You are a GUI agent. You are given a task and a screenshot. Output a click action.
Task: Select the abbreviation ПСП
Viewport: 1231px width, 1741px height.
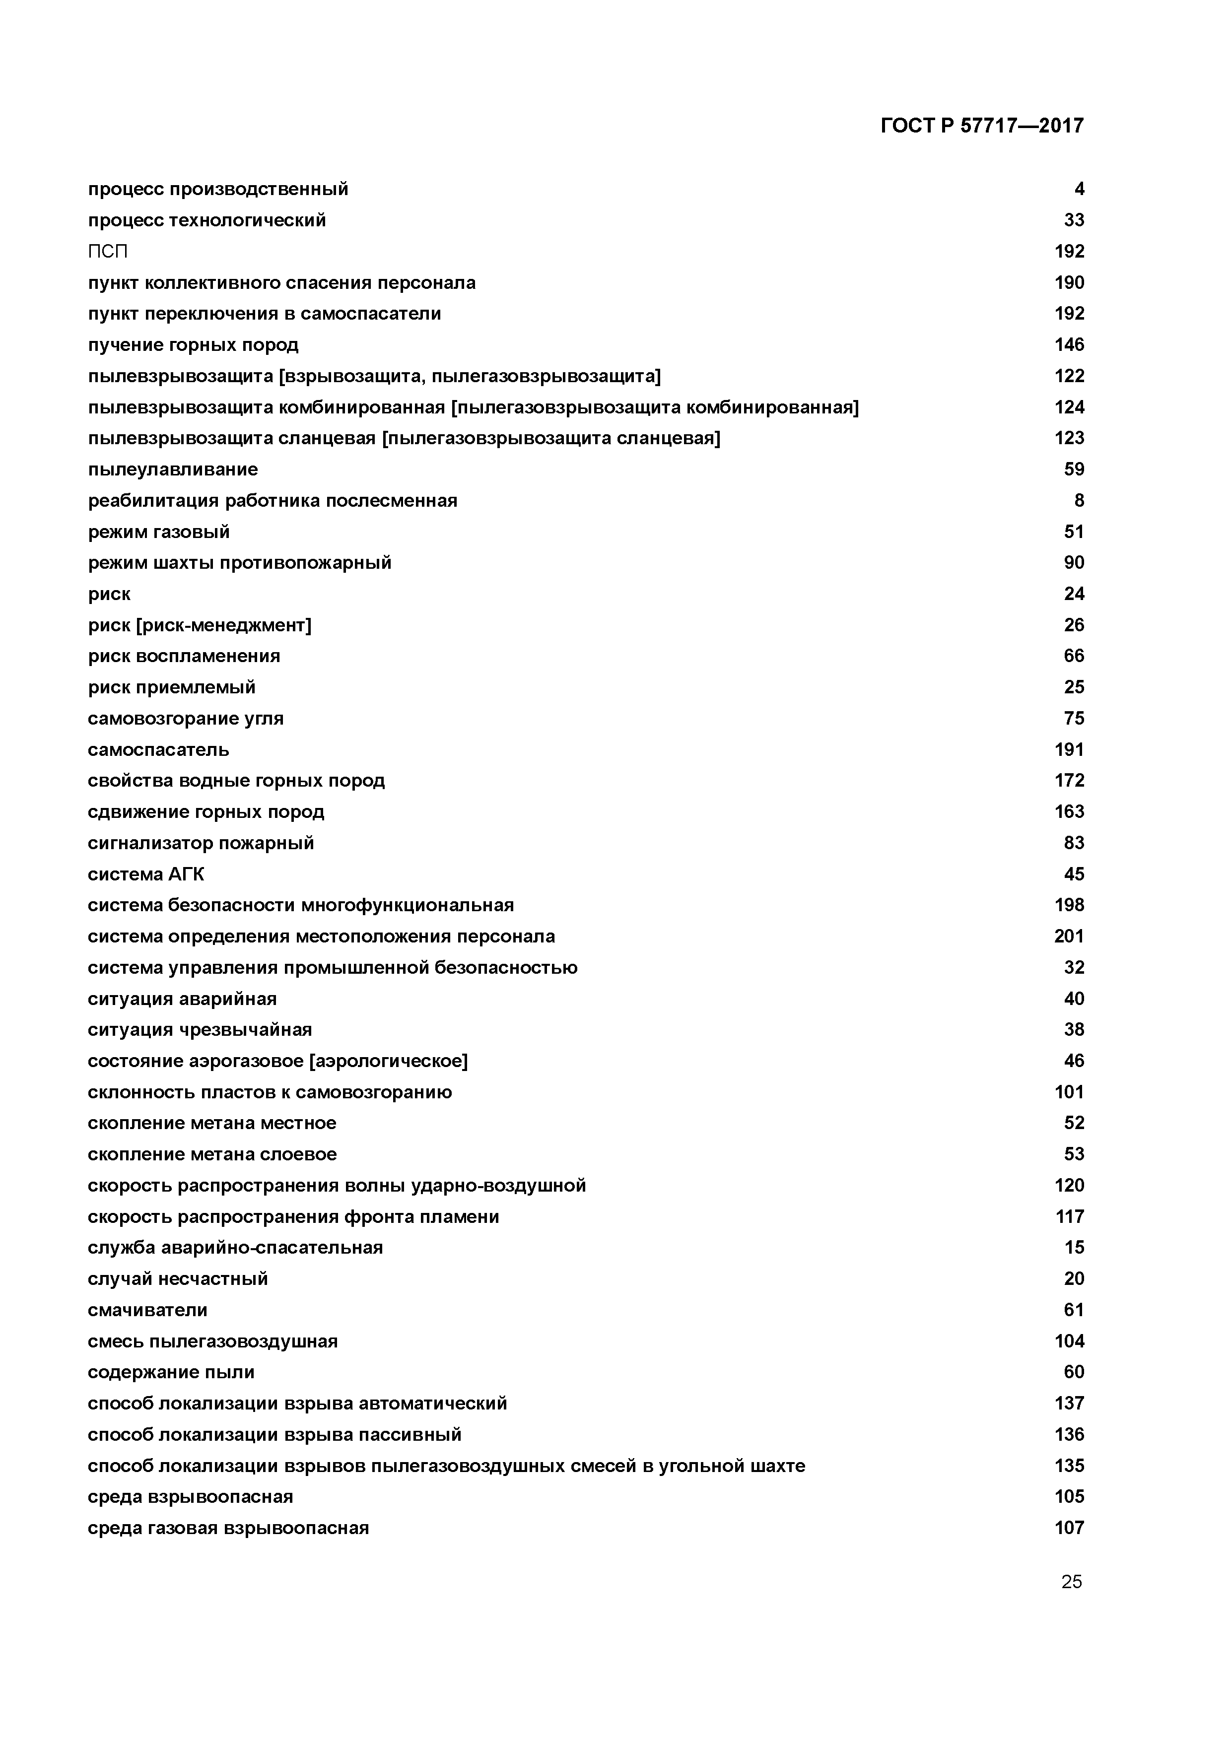(x=108, y=252)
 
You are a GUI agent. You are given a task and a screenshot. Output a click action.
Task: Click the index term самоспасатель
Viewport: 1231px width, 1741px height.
(x=158, y=750)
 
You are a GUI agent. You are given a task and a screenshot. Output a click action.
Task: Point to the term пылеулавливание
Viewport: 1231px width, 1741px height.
(x=173, y=469)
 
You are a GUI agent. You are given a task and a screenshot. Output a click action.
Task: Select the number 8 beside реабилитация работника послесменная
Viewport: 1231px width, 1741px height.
(x=1079, y=500)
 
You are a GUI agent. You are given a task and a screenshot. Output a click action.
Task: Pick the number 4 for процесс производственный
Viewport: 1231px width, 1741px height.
(x=1079, y=189)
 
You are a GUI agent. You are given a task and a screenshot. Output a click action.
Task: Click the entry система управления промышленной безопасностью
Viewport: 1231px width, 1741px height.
(x=332, y=968)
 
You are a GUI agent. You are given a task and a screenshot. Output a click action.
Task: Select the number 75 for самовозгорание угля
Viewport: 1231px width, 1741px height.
(x=1074, y=718)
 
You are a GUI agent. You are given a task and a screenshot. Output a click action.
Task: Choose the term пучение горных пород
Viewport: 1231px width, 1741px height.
(x=194, y=345)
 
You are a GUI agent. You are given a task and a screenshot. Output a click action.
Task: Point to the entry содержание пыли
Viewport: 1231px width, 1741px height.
(x=171, y=1372)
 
